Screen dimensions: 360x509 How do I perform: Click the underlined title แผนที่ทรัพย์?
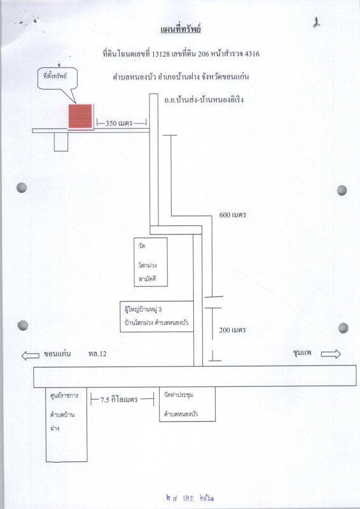point(181,29)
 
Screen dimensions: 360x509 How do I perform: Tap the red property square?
point(81,116)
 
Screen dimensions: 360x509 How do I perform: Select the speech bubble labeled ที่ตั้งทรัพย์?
point(57,79)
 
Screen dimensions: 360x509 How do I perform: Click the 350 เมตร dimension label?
point(119,123)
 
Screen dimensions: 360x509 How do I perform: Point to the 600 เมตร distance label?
point(232,215)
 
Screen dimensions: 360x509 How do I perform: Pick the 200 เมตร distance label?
point(232,330)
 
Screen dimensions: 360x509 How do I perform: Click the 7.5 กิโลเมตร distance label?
point(119,400)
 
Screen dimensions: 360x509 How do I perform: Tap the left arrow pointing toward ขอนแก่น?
point(30,356)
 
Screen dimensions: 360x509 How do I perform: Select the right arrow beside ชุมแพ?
point(331,354)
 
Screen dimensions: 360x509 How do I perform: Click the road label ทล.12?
point(97,354)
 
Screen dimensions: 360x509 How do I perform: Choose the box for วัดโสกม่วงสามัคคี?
point(151,262)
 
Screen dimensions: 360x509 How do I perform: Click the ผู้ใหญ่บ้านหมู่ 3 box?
point(157,316)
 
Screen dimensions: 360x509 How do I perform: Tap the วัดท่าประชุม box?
point(187,404)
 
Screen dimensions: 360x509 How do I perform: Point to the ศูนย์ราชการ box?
point(67,424)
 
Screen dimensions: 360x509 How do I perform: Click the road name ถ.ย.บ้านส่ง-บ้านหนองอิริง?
point(204,100)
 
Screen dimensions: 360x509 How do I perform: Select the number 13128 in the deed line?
point(161,54)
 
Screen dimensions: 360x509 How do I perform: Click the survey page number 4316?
point(252,53)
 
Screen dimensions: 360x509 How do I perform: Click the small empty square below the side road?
point(61,142)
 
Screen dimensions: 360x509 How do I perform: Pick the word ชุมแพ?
point(302,353)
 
